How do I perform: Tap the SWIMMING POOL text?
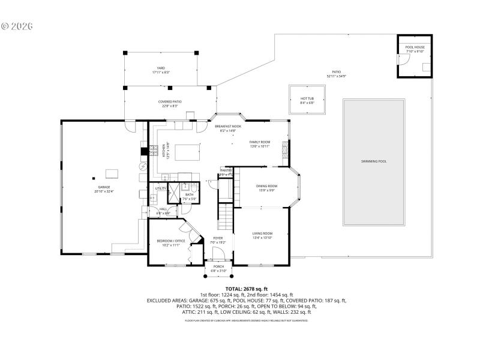click(x=373, y=161)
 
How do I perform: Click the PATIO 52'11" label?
click(x=336, y=74)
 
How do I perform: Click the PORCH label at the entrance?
click(x=218, y=268)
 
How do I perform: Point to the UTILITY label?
click(x=161, y=188)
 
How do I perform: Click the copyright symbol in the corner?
click(x=5, y=26)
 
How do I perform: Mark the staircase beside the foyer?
click(x=224, y=216)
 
